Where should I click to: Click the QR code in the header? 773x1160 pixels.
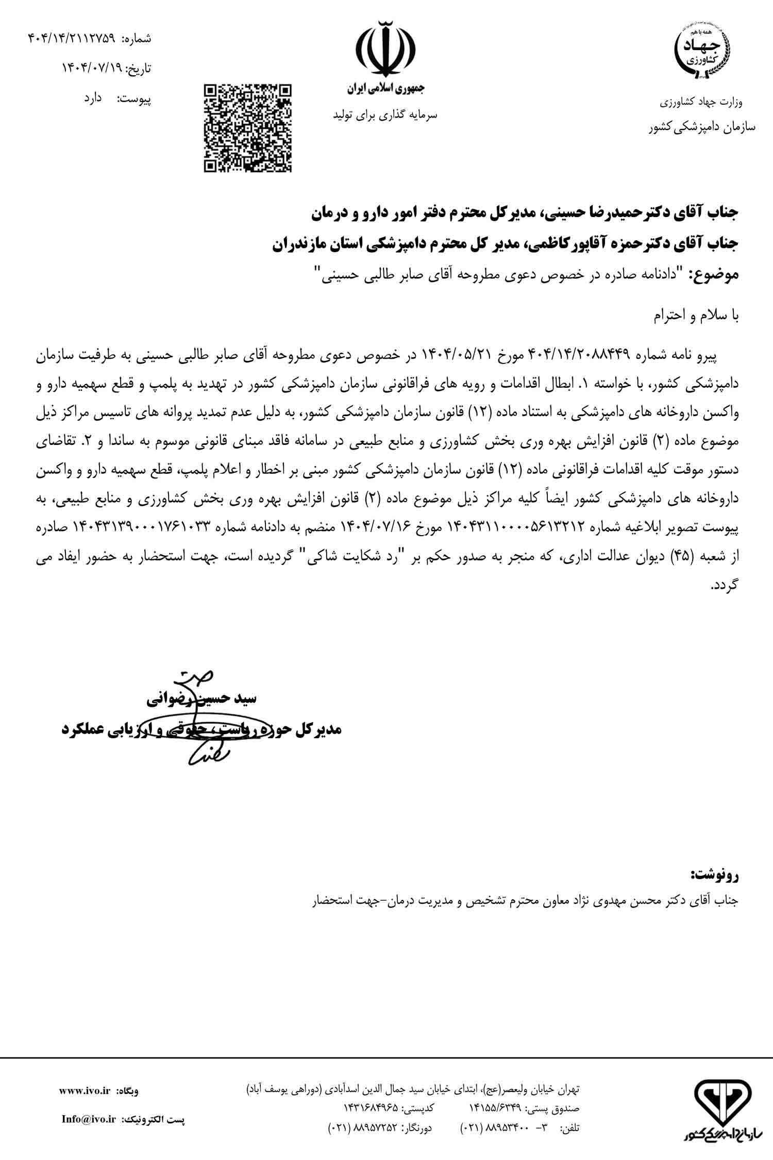pyautogui.click(x=247, y=127)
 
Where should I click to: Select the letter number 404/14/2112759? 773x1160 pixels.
pyautogui.click(x=71, y=38)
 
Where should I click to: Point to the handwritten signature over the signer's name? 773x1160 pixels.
pyautogui.click(x=198, y=722)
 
